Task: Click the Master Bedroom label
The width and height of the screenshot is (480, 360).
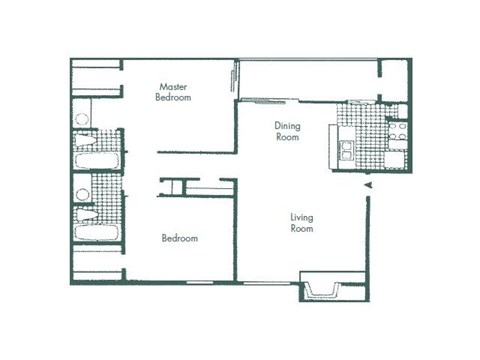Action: (173, 92)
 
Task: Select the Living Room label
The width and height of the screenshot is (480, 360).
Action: (302, 222)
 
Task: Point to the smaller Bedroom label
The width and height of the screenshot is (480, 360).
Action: (180, 238)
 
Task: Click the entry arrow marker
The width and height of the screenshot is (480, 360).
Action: (367, 186)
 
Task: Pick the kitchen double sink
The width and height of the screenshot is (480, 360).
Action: (345, 150)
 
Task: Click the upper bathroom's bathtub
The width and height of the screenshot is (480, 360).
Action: (98, 159)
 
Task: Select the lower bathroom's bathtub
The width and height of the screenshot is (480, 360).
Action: (98, 233)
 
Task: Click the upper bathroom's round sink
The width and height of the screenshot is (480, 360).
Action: (82, 118)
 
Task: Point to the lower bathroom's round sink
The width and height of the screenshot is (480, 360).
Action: (82, 193)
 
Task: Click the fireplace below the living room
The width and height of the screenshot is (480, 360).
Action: (324, 289)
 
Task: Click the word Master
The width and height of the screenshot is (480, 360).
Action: (174, 86)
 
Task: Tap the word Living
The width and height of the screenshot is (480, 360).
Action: (302, 217)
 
